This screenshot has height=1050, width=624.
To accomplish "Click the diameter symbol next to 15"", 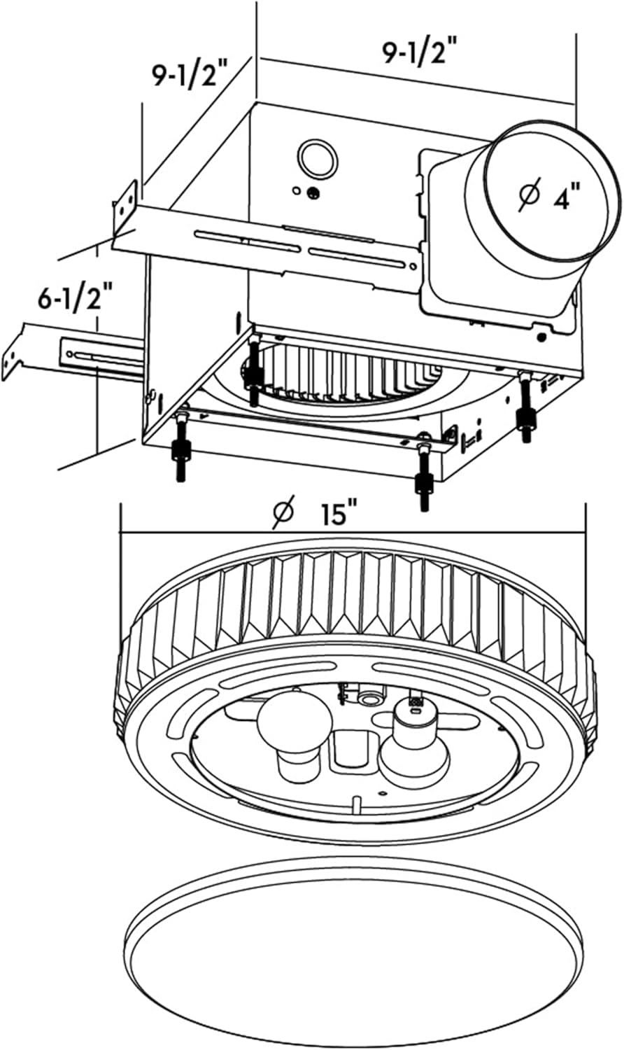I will [x=283, y=514].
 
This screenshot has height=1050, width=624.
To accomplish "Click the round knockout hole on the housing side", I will [x=315, y=158].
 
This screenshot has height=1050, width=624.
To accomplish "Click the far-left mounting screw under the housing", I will [x=180, y=458].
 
